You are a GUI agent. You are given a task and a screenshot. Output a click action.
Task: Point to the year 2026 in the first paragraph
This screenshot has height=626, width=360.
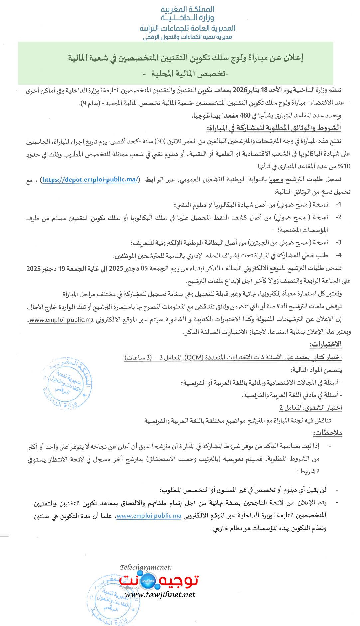pos(240,90)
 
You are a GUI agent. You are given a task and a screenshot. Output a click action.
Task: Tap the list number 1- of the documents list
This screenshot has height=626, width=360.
pos(338,205)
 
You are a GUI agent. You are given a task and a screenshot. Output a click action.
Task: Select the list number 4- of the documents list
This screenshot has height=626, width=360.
pos(338,255)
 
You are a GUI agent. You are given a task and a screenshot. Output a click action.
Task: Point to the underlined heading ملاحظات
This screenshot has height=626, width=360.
pos(327,433)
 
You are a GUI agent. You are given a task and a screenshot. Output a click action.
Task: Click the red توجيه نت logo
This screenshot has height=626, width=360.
pos(159,581)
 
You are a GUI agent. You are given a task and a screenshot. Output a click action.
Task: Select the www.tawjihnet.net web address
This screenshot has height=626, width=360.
pos(159,595)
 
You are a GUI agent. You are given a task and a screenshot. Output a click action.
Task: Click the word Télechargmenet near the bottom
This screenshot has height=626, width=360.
pos(146,567)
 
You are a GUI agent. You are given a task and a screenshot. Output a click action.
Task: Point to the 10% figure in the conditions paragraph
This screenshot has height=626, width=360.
pos(344,166)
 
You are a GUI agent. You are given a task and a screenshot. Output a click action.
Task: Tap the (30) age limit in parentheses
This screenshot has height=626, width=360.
pos(160,141)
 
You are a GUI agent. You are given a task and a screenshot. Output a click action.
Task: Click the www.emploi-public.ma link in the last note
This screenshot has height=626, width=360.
pos(149,516)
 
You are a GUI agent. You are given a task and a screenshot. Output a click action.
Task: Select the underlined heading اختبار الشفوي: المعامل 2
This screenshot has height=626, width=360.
pos(310,408)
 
